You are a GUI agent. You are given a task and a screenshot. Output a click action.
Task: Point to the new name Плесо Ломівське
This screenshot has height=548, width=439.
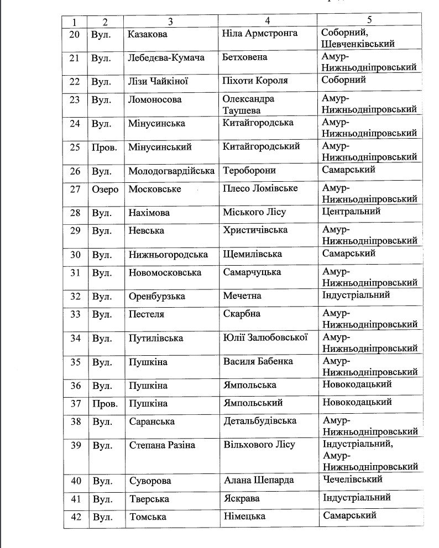point(260,188)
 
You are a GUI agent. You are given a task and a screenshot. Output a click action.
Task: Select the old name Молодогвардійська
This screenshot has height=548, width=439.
point(171,171)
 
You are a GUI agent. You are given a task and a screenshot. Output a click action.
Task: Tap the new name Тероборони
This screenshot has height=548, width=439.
point(249,171)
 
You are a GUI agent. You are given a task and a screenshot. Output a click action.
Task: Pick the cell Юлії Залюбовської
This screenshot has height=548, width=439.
point(265,338)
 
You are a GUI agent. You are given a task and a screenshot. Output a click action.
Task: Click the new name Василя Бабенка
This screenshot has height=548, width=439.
point(258,362)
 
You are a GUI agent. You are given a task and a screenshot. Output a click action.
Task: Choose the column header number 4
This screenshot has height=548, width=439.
point(267,20)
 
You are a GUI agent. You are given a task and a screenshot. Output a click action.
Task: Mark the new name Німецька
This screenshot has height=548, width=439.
point(244,517)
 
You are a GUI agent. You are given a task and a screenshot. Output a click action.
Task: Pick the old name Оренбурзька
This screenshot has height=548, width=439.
point(156,297)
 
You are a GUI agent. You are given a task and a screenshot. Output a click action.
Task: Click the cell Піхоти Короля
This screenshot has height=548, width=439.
point(255,81)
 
